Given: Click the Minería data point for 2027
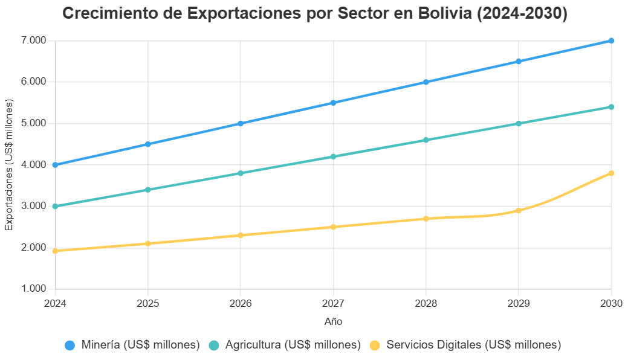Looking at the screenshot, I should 333,103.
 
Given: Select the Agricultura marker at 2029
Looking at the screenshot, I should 519,123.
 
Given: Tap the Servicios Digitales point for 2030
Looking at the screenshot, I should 611,173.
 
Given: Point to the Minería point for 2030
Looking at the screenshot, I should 611,41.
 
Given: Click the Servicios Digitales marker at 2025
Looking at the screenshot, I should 147,243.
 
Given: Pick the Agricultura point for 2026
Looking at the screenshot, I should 241,173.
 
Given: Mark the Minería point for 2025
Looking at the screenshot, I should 147,144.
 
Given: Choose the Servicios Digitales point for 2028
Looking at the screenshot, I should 426,219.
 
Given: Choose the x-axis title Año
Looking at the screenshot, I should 333,321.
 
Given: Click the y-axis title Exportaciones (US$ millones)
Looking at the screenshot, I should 9,165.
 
